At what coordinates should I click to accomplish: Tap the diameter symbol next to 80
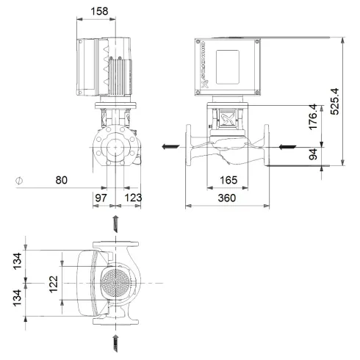[x=19, y=179]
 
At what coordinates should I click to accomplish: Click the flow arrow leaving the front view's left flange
[x=170, y=147]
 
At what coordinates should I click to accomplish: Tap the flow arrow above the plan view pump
[x=115, y=223]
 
